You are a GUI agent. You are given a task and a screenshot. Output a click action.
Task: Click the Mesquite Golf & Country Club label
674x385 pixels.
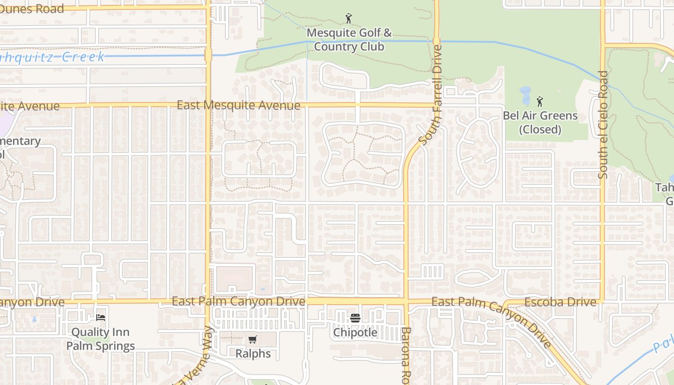pyautogui.click(x=349, y=40)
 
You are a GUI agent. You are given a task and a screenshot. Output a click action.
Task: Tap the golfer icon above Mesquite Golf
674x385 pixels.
pyautogui.click(x=349, y=19)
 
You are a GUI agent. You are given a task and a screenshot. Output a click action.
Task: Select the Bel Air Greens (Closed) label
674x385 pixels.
pyautogui.click(x=540, y=122)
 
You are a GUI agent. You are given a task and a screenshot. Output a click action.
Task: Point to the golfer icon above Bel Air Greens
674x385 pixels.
pyautogui.click(x=540, y=102)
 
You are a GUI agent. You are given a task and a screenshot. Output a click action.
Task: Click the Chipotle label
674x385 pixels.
pyautogui.click(x=355, y=333)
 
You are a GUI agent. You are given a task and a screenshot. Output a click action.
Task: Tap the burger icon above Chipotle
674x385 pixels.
pyautogui.click(x=355, y=318)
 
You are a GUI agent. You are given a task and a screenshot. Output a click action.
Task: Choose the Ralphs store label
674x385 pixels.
pyautogui.click(x=253, y=354)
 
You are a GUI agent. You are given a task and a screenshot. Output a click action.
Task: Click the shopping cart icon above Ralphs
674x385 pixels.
pyautogui.click(x=253, y=339)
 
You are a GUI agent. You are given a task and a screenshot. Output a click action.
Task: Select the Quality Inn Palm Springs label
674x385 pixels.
pyautogui.click(x=101, y=339)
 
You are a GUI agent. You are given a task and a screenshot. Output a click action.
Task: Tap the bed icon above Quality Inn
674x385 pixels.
pyautogui.click(x=101, y=317)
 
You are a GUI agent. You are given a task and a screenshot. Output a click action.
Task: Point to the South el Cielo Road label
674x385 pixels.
pyautogui.click(x=603, y=125)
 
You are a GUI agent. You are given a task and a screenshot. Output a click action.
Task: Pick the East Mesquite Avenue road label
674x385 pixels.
pyautogui.click(x=238, y=105)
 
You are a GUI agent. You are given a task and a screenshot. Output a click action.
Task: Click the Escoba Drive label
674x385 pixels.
pyautogui.click(x=560, y=302)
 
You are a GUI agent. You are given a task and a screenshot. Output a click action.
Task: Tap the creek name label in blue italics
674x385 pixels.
pyautogui.click(x=53, y=57)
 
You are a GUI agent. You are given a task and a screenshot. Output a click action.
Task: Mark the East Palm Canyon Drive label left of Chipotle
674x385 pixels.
pyautogui.click(x=238, y=302)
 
